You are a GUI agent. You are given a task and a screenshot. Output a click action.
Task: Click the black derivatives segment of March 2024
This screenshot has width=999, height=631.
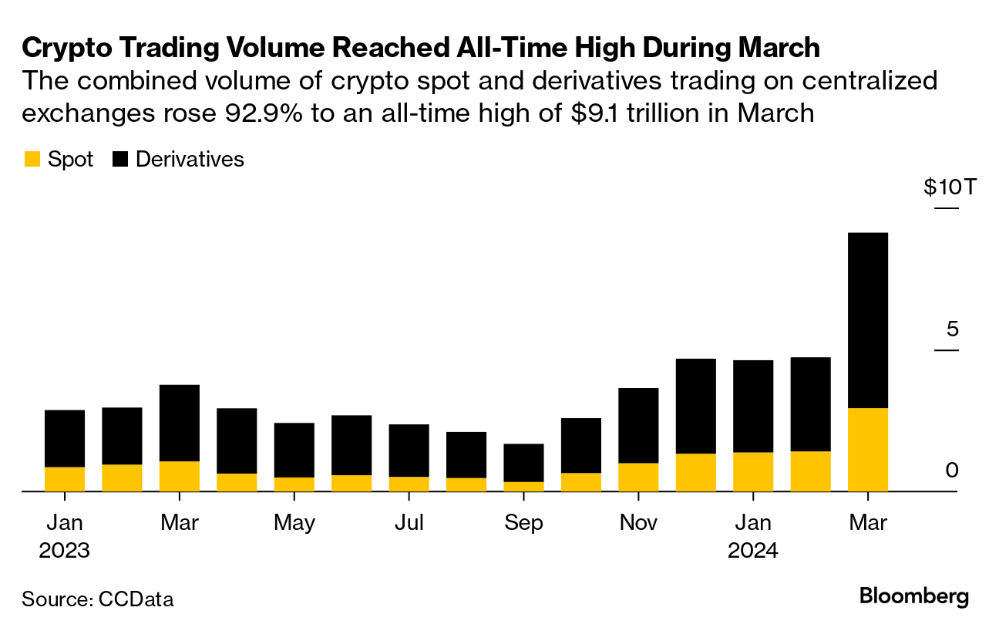point(868,320)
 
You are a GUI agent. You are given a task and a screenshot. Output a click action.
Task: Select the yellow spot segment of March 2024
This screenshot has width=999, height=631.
point(868,449)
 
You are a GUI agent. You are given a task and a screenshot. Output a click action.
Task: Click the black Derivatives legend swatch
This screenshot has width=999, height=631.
point(121,160)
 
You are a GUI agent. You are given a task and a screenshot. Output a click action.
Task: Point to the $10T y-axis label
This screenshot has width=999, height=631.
point(950,187)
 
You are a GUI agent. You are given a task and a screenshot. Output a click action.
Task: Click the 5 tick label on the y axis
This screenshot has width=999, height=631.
point(953,329)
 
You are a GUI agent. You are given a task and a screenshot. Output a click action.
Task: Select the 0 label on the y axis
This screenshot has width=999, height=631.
point(952,471)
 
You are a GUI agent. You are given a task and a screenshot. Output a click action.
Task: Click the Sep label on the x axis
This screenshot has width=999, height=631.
point(523,523)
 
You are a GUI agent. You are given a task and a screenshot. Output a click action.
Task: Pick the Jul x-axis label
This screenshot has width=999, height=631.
point(409,523)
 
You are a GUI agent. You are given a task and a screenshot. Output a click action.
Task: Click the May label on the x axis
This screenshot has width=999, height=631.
point(294,523)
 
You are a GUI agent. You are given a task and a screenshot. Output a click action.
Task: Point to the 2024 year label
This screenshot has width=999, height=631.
point(752,552)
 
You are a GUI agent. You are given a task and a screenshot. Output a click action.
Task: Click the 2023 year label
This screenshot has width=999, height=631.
point(65,552)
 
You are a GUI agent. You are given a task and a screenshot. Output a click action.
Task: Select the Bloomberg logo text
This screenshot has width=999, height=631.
point(913,596)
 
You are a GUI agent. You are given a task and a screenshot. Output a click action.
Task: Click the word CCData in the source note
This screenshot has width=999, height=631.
point(136,599)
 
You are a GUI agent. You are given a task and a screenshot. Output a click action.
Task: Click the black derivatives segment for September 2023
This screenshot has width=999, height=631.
point(523,463)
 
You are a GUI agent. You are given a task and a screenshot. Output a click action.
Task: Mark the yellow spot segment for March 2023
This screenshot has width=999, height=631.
point(180,476)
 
